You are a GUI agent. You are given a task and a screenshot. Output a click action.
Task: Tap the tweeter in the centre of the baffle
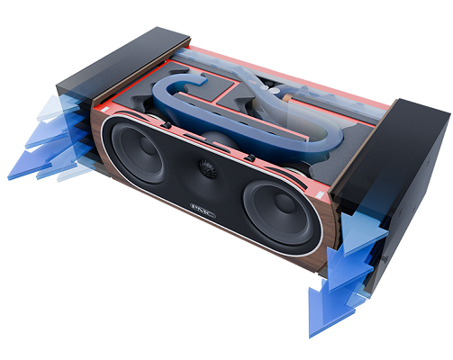coord(208,169)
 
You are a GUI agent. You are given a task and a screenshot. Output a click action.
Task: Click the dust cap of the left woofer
coord(147,145)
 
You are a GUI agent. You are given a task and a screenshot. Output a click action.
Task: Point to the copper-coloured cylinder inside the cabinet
coord(287,98)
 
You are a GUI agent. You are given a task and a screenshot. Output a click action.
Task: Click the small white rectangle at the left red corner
coord(105,108)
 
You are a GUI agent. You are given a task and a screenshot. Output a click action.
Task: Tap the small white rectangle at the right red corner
coord(321,195)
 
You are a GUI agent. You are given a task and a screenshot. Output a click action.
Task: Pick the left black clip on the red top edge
coord(166,125)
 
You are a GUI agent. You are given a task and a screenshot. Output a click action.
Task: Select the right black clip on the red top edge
coord(250,157)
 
